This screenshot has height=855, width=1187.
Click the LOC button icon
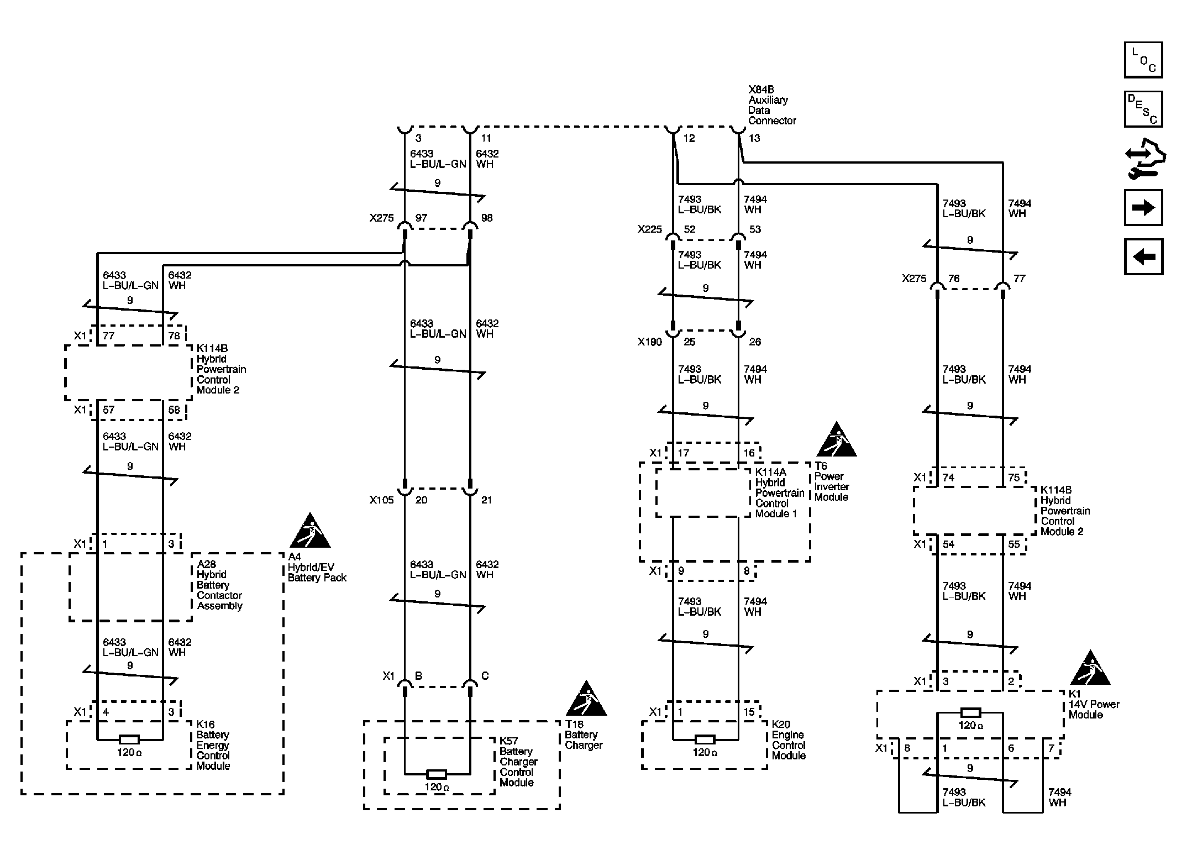point(1143,60)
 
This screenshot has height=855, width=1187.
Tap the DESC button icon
point(1143,109)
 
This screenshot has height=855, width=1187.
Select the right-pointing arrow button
point(1143,207)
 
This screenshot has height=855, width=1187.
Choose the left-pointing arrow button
point(1143,256)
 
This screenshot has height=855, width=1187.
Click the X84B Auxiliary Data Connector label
point(771,105)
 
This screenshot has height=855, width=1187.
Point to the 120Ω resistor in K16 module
point(129,739)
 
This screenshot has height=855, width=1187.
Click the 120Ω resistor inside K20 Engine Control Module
point(705,739)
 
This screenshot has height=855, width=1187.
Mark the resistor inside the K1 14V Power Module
point(970,712)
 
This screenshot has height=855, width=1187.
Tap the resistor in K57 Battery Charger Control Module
point(437,774)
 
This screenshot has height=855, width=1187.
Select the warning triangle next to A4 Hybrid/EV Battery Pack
point(310,532)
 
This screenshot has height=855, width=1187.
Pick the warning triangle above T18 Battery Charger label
point(586,700)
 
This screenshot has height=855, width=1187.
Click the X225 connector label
point(649,229)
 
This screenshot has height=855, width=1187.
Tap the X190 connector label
point(649,342)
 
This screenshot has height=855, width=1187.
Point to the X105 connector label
point(381,500)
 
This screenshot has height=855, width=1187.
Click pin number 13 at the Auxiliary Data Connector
point(754,138)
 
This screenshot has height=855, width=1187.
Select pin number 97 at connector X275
point(421,218)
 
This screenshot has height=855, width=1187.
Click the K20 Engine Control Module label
point(789,739)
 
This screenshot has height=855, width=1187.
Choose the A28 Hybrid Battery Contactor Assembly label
point(219,585)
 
